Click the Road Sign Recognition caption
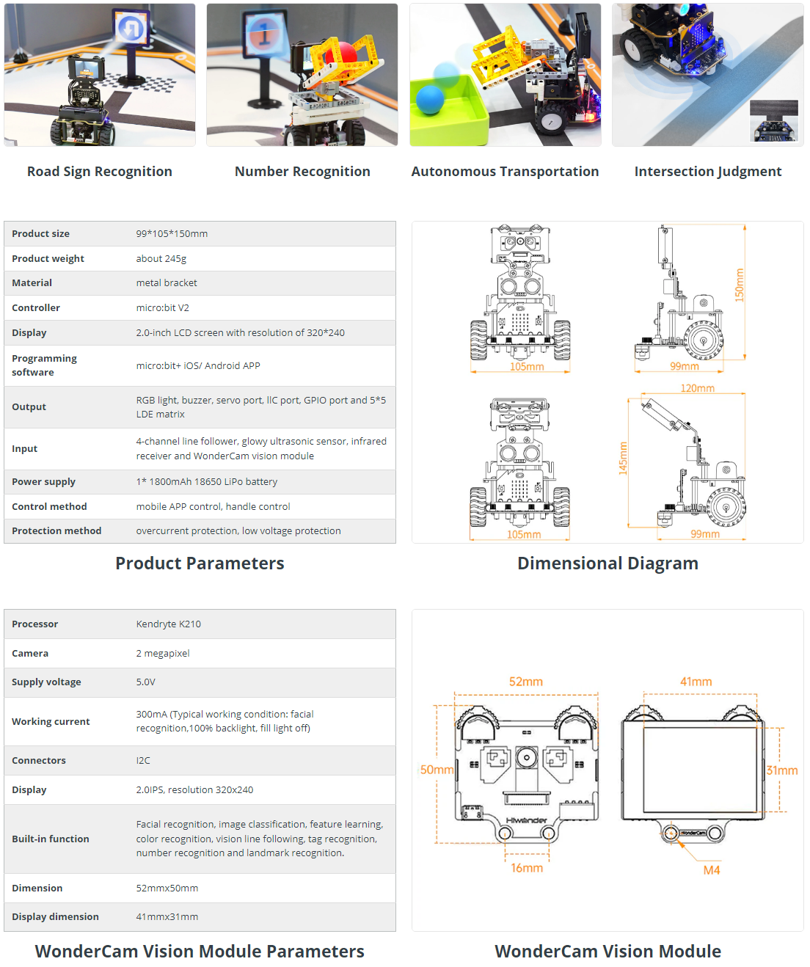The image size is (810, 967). (x=100, y=172)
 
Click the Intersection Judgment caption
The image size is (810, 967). (x=707, y=172)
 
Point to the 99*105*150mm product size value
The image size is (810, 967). (x=172, y=234)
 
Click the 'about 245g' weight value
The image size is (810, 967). (x=161, y=259)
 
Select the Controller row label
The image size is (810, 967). (x=36, y=308)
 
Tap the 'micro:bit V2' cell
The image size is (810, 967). (x=162, y=308)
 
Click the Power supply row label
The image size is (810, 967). (x=43, y=482)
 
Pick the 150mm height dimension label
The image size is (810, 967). (x=739, y=285)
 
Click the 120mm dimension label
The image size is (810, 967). (x=697, y=388)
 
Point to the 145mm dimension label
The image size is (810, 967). (x=623, y=459)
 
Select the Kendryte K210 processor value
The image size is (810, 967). (x=168, y=624)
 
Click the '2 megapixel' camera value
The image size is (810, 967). (x=162, y=654)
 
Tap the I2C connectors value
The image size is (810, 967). (x=143, y=761)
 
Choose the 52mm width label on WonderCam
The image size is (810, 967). (x=526, y=682)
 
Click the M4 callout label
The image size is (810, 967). (x=711, y=870)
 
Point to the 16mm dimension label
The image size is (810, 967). (x=527, y=868)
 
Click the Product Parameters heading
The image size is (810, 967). (x=200, y=563)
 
